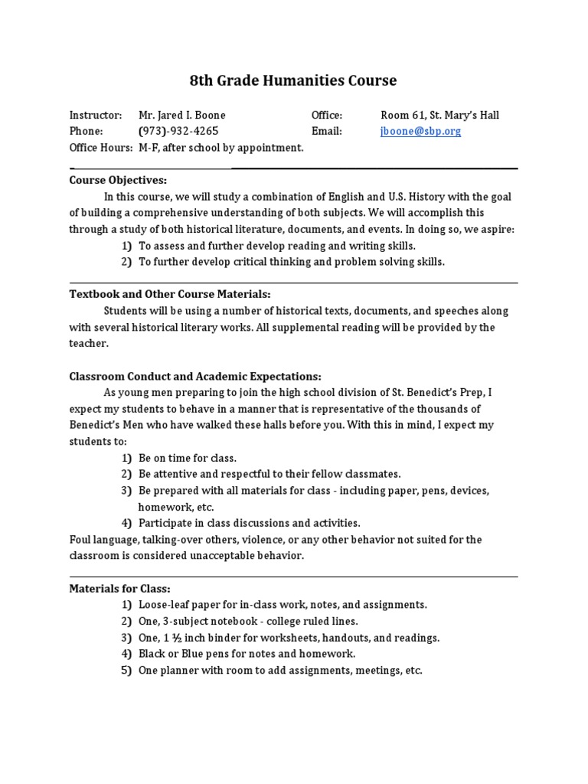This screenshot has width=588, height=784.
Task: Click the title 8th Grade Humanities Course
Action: pos(293,80)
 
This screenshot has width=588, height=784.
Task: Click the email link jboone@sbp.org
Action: pos(420,131)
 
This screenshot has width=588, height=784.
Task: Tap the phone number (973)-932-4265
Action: pos(178,131)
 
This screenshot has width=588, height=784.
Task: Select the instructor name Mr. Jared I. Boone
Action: pos(182,115)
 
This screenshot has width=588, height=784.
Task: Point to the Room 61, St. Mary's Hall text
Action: pos(439,115)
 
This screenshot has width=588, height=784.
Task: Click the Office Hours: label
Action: pos(101,147)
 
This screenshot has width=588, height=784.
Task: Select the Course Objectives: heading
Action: pos(118,180)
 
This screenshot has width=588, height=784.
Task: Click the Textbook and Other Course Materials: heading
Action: pos(170,294)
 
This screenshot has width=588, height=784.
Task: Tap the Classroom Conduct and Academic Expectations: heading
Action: pos(195,376)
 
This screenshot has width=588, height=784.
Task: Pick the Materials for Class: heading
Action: pos(120,588)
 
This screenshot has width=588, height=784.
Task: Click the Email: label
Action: pos(326,131)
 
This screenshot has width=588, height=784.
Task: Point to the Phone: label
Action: pos(86,131)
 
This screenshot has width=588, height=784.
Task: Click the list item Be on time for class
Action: pos(188,458)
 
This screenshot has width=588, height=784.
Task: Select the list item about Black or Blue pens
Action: pos(247,654)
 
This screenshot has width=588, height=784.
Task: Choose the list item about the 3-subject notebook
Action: pos(248,621)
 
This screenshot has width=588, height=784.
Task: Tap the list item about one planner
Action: pos(280,670)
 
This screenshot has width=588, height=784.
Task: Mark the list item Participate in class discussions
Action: pos(249,523)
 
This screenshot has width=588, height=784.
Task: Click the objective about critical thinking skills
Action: pos(291,262)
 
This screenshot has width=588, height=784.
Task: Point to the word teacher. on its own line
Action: pos(89,344)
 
